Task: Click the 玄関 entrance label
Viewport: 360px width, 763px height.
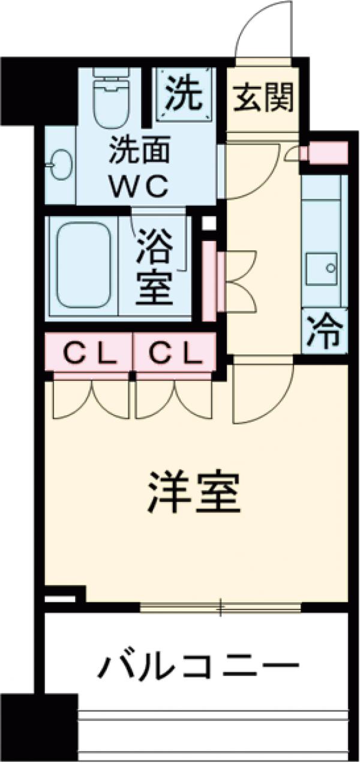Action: point(263,98)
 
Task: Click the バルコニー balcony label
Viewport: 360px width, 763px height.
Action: point(198,668)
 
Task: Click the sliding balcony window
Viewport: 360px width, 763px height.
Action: point(220,608)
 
